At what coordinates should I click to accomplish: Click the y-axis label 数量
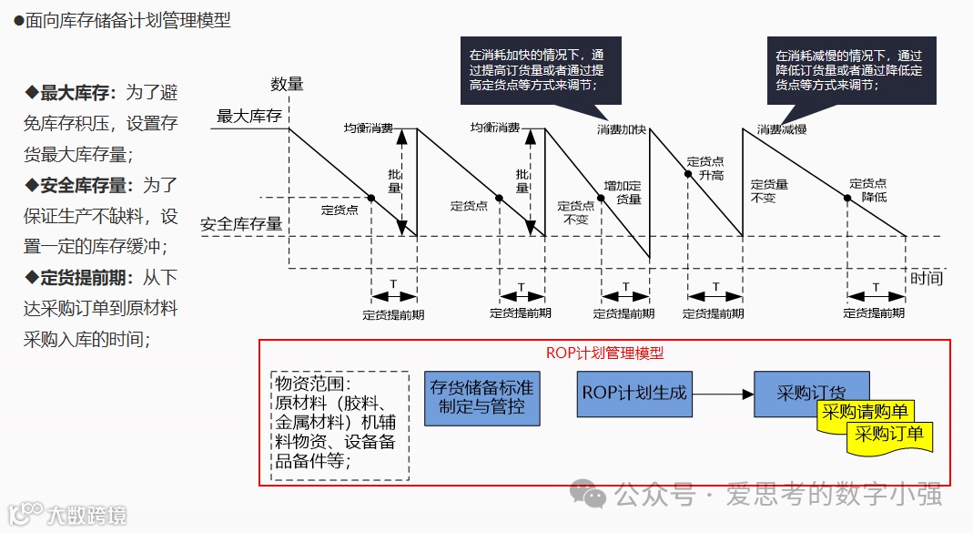click(287, 85)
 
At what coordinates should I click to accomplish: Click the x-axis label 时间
click(926, 278)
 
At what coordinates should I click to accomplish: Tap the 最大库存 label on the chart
click(248, 117)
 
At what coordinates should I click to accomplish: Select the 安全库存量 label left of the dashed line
click(240, 223)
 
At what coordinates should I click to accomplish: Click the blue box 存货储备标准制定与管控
click(481, 397)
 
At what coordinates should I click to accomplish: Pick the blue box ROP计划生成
click(634, 394)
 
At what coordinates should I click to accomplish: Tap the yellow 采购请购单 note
click(865, 412)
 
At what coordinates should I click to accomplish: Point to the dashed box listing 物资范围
click(340, 425)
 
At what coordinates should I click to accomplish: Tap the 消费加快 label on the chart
click(621, 130)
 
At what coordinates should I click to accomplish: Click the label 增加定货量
click(623, 192)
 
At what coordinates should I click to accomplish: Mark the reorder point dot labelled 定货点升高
click(688, 171)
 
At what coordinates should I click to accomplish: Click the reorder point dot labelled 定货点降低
click(847, 198)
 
